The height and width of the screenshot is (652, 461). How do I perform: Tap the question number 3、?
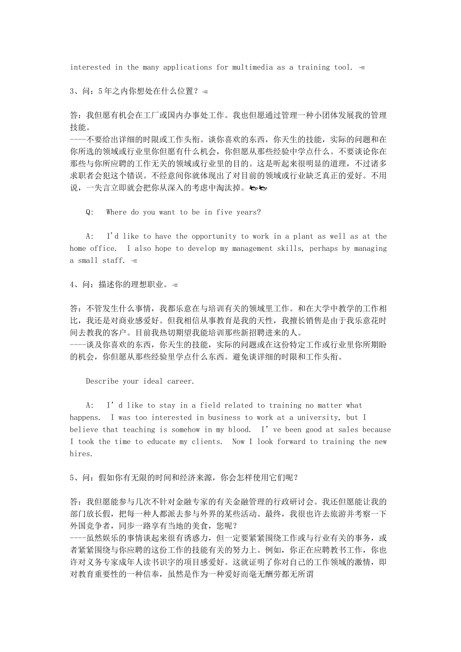pyautogui.click(x=76, y=91)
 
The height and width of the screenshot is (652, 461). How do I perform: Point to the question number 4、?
pyautogui.click(x=76, y=284)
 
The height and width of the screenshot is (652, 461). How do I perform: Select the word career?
pyautogui.click(x=181, y=381)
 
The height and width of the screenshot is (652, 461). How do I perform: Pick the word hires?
pyautogui.click(x=81, y=454)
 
